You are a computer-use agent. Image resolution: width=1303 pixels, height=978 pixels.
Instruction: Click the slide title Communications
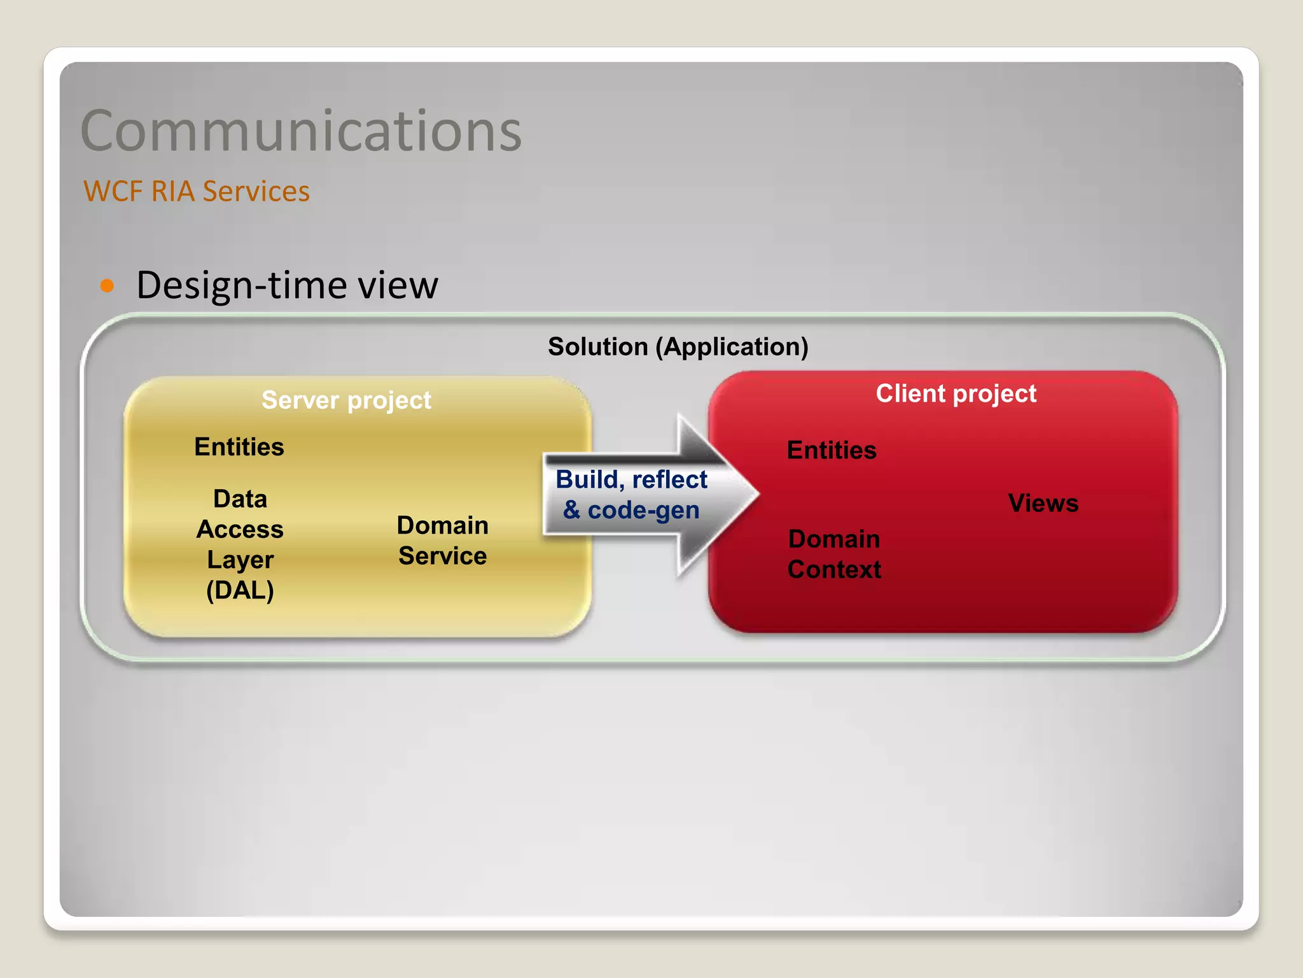[300, 131]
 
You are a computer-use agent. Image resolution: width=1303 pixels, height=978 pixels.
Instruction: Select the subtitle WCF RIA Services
[196, 191]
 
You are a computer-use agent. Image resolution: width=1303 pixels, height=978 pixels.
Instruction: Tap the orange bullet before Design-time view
[107, 285]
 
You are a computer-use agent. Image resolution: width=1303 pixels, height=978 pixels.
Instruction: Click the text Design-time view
[287, 285]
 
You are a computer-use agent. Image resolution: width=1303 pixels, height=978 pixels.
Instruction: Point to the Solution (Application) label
[678, 347]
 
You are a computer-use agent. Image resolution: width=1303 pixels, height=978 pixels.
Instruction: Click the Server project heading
[346, 400]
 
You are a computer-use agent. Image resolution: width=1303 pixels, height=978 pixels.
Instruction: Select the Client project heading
[956, 393]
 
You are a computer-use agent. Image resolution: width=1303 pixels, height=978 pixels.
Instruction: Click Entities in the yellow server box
[239, 447]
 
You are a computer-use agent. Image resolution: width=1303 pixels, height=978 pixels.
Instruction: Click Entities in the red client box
[832, 450]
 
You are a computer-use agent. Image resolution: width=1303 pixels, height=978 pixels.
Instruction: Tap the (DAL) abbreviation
[240, 590]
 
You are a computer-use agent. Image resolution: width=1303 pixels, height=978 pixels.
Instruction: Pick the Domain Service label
[442, 541]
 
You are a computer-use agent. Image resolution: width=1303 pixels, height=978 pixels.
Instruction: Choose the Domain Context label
[834, 554]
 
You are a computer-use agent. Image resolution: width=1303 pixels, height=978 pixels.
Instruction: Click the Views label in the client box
[1043, 503]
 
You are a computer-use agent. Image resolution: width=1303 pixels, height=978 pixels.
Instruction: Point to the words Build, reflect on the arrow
[631, 479]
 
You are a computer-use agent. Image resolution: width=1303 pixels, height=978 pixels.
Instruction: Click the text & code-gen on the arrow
[631, 510]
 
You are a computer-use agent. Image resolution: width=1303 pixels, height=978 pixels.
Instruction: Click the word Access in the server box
[240, 529]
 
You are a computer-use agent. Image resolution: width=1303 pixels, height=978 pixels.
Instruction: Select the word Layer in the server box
[240, 560]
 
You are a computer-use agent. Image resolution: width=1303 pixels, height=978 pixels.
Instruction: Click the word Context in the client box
[834, 569]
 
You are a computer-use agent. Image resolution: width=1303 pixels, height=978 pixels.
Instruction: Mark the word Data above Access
[240, 499]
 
